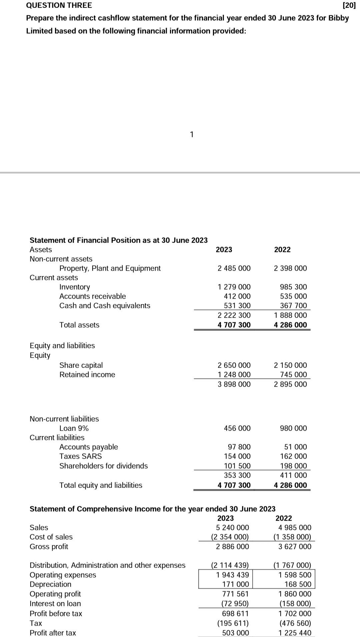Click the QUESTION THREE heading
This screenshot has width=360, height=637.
(59, 5)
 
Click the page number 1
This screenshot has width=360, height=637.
(191, 135)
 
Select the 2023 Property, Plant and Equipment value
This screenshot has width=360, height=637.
(234, 268)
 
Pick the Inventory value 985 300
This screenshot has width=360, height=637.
(293, 287)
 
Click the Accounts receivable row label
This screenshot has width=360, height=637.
(93, 296)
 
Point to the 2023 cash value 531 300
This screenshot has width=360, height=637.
(237, 306)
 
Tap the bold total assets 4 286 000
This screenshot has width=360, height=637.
(290, 325)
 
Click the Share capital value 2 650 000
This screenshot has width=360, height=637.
(234, 365)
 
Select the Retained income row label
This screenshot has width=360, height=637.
(87, 375)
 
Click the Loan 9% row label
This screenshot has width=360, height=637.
(74, 428)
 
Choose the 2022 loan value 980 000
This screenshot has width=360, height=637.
(293, 428)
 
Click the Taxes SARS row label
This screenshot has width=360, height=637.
(81, 456)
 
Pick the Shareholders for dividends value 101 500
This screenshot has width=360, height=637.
(237, 466)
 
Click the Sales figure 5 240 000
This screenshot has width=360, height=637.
(232, 528)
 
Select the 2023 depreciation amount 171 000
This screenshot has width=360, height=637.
(235, 584)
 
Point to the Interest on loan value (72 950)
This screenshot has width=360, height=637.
(235, 604)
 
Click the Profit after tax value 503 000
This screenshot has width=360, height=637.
(235, 633)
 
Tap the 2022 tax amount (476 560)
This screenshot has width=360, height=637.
(292, 623)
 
